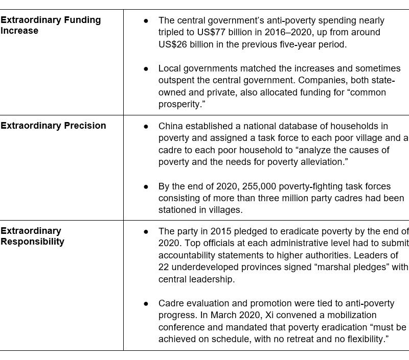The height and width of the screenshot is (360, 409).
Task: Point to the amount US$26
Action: click(174, 44)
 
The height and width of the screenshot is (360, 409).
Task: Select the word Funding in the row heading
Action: click(77, 20)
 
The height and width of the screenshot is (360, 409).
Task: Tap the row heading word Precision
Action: click(84, 126)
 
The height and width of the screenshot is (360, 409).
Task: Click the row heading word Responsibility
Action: click(32, 242)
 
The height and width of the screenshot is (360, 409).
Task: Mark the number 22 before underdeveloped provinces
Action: click(164, 267)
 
